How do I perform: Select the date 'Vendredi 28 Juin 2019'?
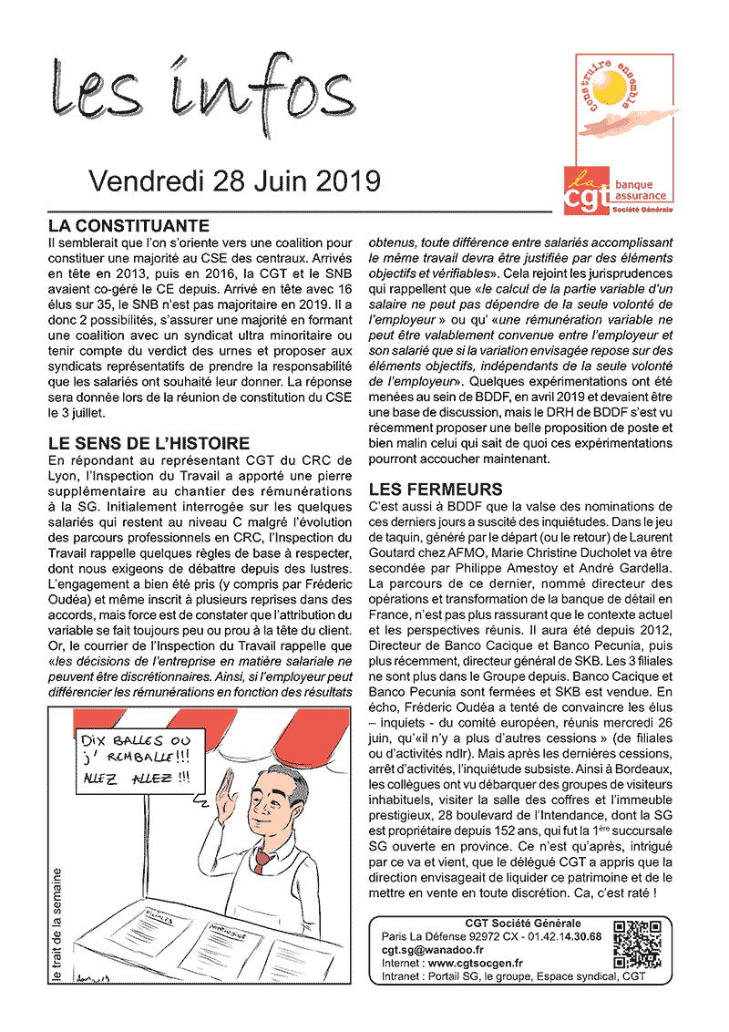click(234, 181)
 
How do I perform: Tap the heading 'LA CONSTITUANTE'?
click(128, 225)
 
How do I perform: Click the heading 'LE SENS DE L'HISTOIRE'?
click(149, 444)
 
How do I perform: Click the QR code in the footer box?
click(636, 944)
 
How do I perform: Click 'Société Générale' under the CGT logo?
click(642, 210)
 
